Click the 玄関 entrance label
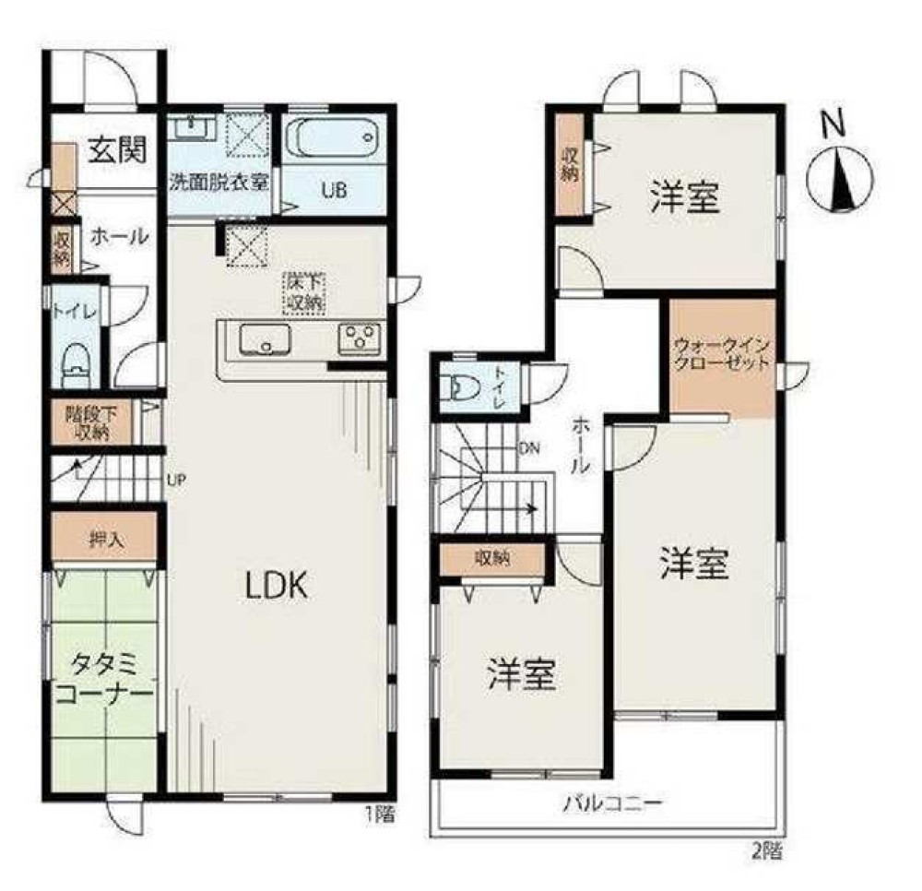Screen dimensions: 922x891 click(118, 149)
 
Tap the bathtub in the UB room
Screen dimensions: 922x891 click(333, 137)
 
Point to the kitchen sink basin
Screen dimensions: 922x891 click(266, 340)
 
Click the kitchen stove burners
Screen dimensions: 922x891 click(359, 340)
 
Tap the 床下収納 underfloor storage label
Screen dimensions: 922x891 click(304, 291)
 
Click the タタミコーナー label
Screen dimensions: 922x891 click(104, 680)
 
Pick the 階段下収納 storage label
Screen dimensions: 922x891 click(91, 422)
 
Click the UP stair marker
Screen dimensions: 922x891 click(176, 480)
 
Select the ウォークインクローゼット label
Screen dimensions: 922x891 click(721, 353)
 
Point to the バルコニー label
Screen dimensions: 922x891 click(613, 802)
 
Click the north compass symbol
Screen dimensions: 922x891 click(840, 180)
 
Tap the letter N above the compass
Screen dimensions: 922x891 click(833, 124)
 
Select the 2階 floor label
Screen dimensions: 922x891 click(767, 851)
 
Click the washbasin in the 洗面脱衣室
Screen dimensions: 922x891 click(193, 127)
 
